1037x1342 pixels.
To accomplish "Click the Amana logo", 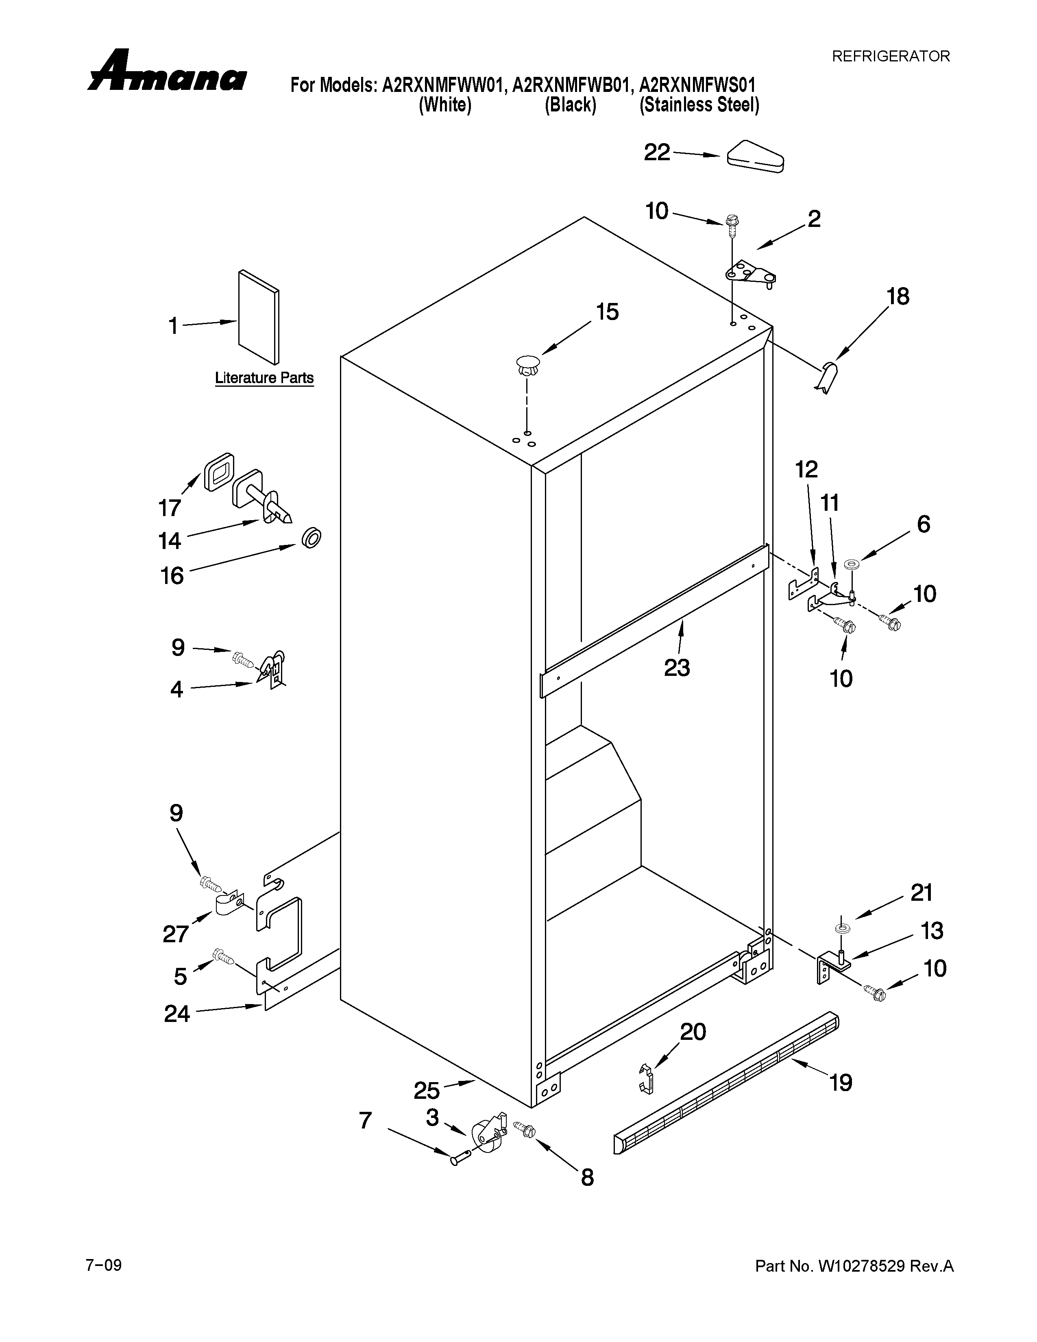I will pos(167,72).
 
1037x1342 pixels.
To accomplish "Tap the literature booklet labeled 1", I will pos(259,316).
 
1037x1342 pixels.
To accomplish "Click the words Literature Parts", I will pos(264,377).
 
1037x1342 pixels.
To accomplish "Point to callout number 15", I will pos(607,312).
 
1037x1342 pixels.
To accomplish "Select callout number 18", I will pos(898,297).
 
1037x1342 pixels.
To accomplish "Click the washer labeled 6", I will pos(852,564).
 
